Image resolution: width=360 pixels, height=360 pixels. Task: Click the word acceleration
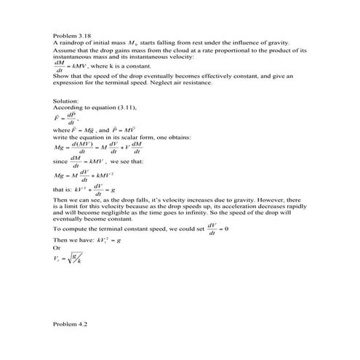pyautogui.click(x=237, y=205)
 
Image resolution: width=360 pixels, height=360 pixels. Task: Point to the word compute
pyautogui.click(x=74, y=228)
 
